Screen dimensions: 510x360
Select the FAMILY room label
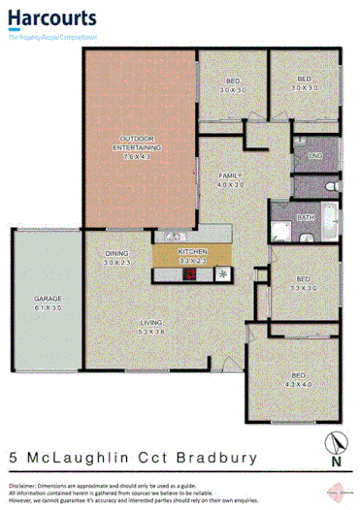(229, 175)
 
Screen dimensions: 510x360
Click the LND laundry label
(313, 155)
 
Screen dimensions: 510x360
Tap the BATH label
(306, 217)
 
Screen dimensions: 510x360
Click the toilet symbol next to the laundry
(330, 182)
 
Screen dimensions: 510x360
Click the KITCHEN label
(192, 253)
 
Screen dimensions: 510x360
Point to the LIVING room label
(150, 323)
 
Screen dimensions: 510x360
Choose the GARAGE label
(49, 299)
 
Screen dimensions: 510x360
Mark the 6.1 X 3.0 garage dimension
(49, 307)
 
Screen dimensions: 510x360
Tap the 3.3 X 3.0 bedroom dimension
(305, 287)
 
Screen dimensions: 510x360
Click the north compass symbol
(334, 444)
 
